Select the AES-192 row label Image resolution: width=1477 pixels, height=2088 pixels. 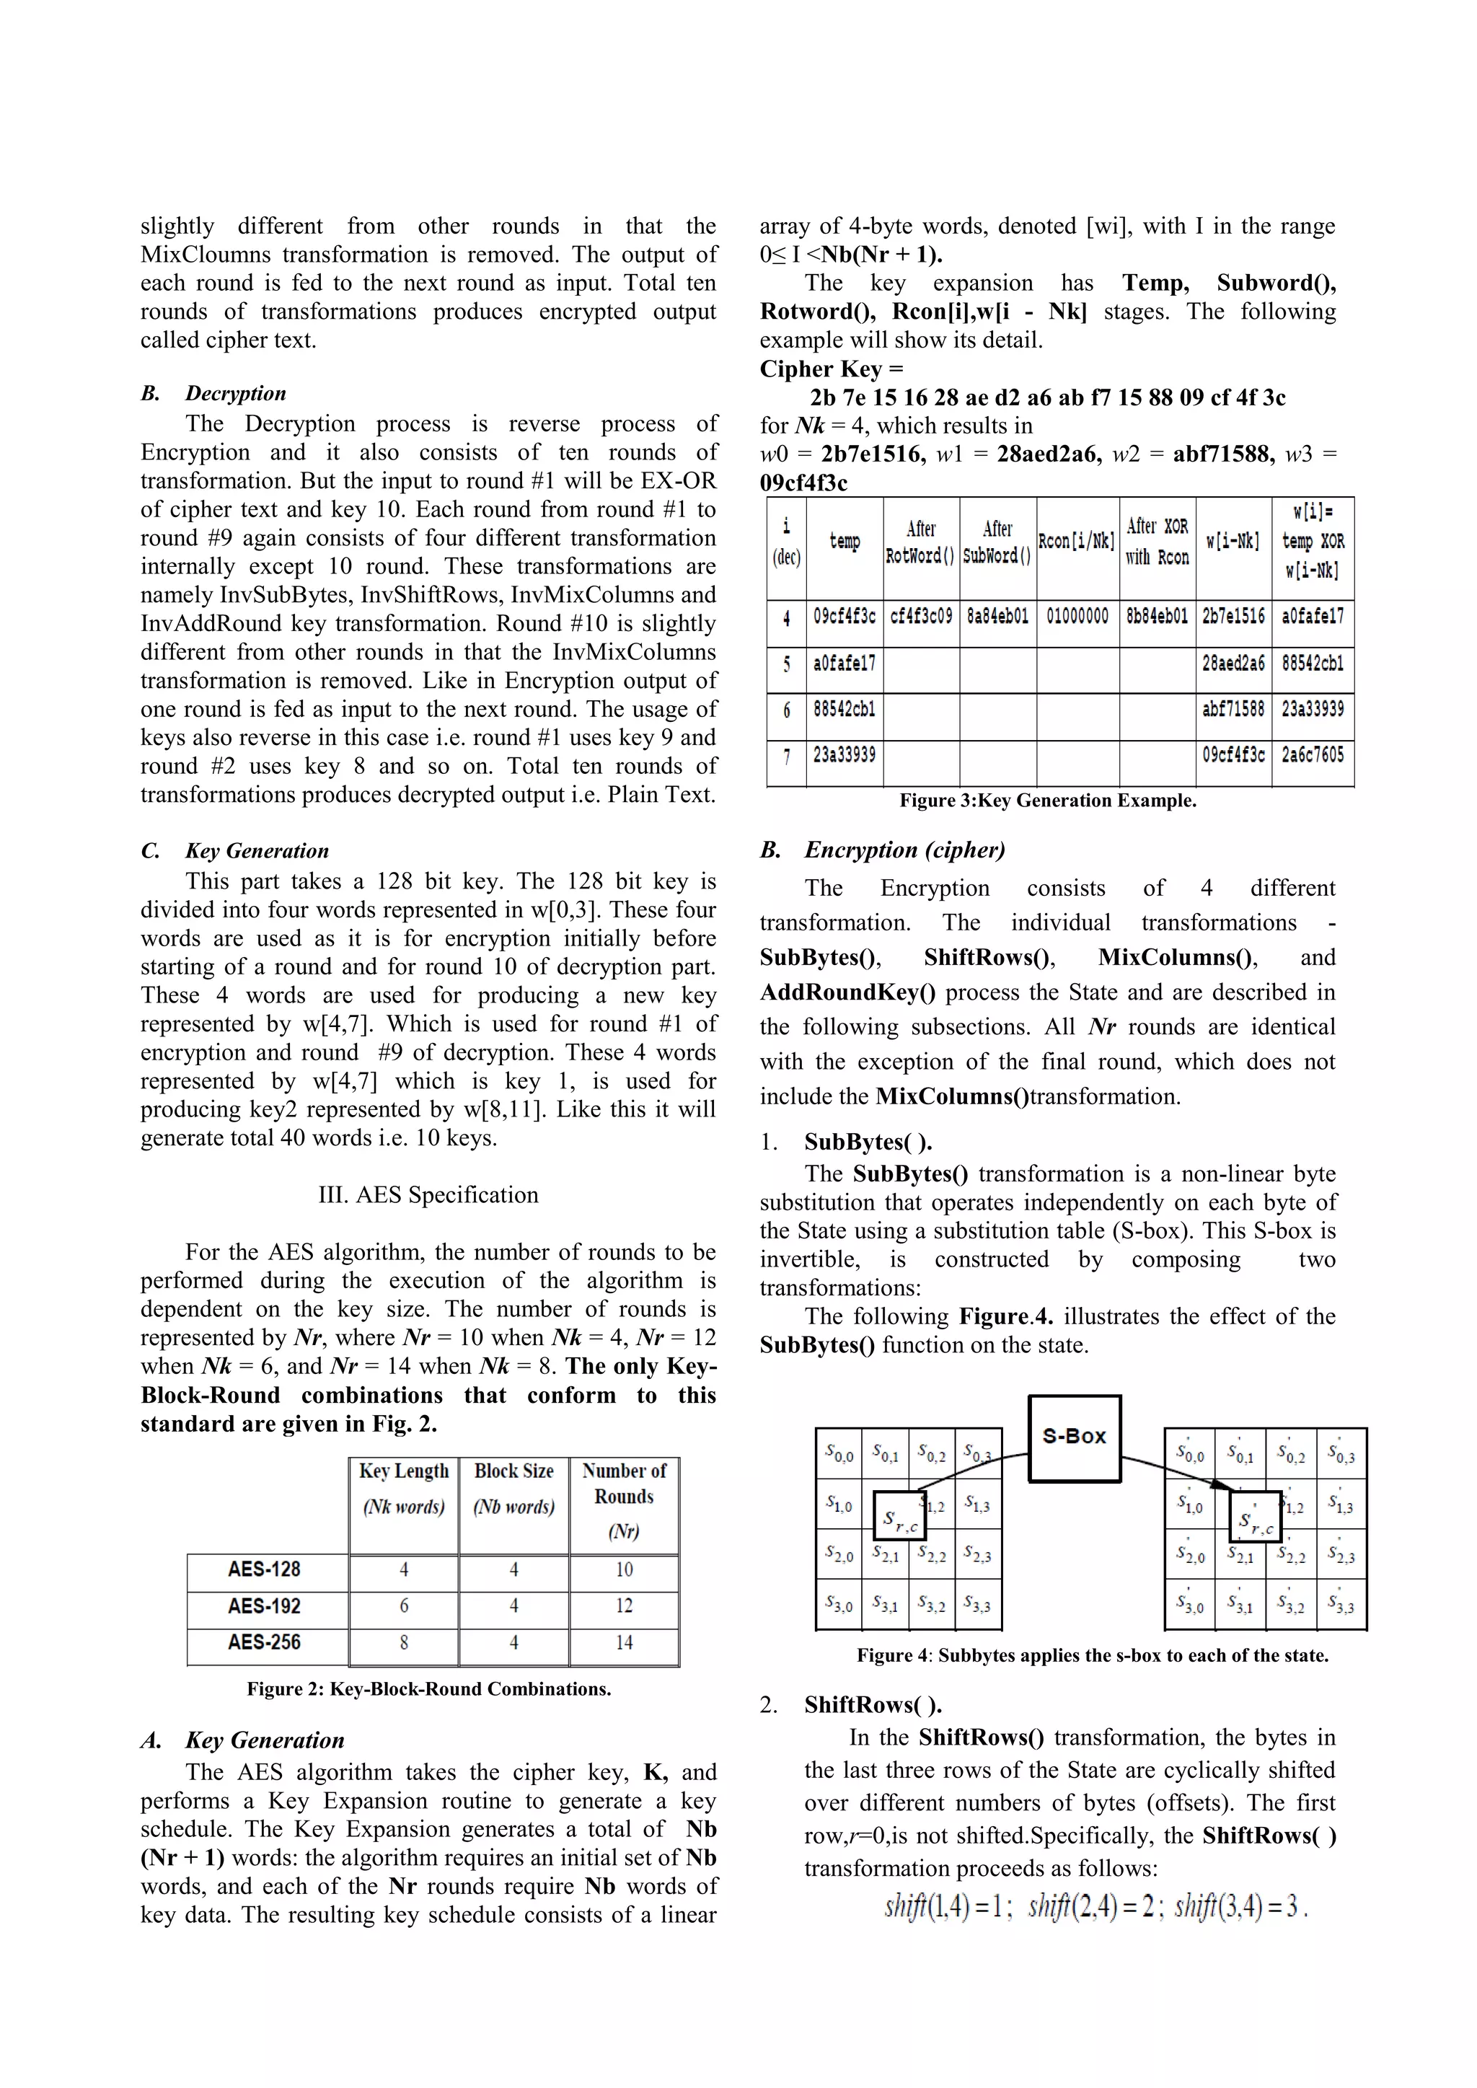coord(265,1606)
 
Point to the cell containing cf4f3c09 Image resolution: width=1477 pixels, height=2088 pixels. coord(920,617)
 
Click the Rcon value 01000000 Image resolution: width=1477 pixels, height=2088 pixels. coord(1077,617)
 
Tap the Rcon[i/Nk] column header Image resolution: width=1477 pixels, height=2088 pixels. coord(1077,542)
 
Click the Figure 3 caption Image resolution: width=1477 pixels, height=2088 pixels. coord(1048,801)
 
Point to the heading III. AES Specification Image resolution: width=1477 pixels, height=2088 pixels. coord(428,1195)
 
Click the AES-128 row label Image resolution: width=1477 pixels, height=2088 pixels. coord(265,1569)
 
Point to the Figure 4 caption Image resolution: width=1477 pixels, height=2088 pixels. coord(1093,1655)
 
